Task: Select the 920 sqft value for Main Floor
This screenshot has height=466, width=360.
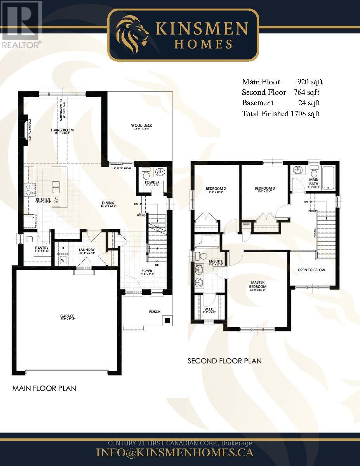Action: pyautogui.click(x=310, y=82)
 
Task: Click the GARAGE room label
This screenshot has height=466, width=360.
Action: pyautogui.click(x=67, y=316)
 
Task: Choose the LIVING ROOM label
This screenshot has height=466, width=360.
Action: pyautogui.click(x=62, y=130)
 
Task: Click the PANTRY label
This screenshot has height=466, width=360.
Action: pyautogui.click(x=41, y=248)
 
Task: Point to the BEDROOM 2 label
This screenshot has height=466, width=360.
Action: pyautogui.click(x=216, y=189)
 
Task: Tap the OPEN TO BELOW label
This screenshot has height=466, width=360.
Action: pyautogui.click(x=311, y=270)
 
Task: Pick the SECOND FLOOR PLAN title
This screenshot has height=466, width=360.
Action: pyautogui.click(x=224, y=361)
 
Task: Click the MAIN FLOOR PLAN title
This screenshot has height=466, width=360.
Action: pyautogui.click(x=44, y=388)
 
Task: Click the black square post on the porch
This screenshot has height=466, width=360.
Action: pyautogui.click(x=167, y=321)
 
